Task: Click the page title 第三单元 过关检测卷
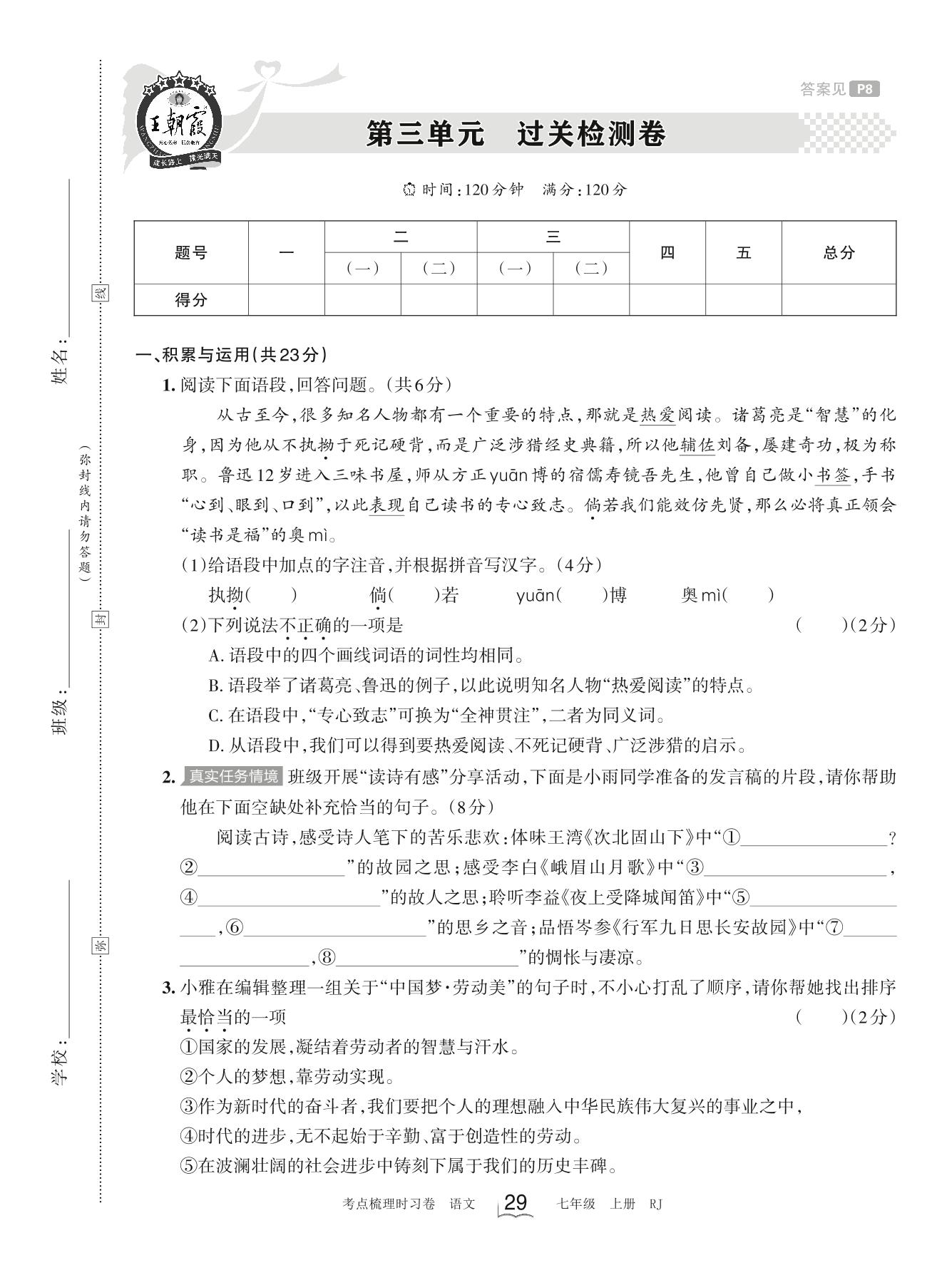point(516,133)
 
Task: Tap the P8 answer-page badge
point(865,89)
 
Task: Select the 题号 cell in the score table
point(190,252)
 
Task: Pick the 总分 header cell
point(838,252)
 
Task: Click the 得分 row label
point(190,300)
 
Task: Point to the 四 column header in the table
point(667,252)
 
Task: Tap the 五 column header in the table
point(743,252)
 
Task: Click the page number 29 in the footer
point(515,1203)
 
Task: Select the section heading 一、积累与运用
point(231,355)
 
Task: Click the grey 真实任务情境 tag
point(232,776)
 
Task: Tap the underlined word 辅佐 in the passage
point(697,445)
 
